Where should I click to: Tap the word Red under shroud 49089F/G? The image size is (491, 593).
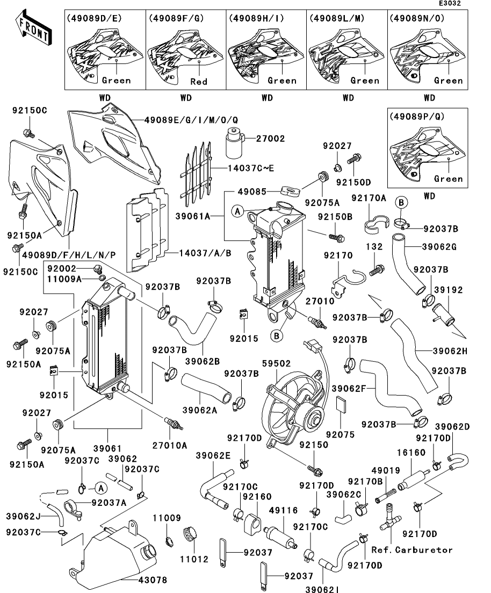coord(199,81)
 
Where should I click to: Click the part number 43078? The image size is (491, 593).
coord(153,580)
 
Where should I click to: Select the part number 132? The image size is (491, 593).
coord(374,247)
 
